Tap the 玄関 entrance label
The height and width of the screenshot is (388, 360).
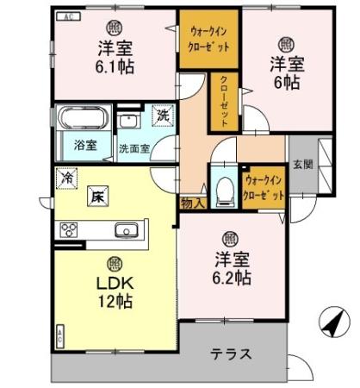tap(301, 164)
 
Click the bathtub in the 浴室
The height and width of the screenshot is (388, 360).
tap(80, 116)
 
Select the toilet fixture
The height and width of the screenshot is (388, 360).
tap(223, 189)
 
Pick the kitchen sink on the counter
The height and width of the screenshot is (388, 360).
tap(127, 230)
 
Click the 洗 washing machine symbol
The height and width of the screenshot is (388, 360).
tap(162, 114)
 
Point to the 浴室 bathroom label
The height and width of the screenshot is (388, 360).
tap(84, 145)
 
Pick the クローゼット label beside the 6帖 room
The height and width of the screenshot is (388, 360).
tap(222, 102)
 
